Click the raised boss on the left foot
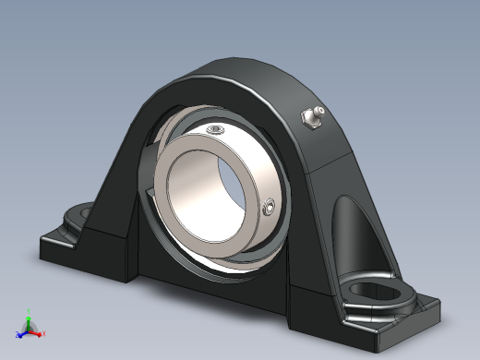(74, 220)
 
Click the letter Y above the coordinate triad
(29, 313)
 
